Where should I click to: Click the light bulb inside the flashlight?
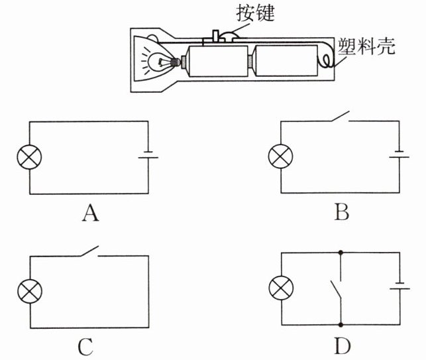pyautogui.click(x=160, y=62)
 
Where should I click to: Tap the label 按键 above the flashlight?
pyautogui.click(x=255, y=13)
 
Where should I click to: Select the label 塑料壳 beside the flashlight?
pyautogui.click(x=366, y=46)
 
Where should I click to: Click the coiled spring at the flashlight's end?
pyautogui.click(x=325, y=60)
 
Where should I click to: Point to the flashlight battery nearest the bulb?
pyautogui.click(x=218, y=61)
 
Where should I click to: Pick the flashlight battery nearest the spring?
pyautogui.click(x=286, y=60)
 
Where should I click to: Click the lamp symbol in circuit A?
pyautogui.click(x=29, y=157)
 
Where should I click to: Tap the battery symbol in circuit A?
pyautogui.click(x=148, y=154)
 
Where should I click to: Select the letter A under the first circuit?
pyautogui.click(x=91, y=213)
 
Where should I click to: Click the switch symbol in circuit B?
pyautogui.click(x=340, y=117)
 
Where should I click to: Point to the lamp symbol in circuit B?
pyautogui.click(x=281, y=156)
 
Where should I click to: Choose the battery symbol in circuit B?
pyautogui.click(x=399, y=154)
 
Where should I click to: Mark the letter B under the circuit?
pyautogui.click(x=341, y=212)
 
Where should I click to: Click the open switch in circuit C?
pyautogui.click(x=89, y=251)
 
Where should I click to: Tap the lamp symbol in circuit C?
pyautogui.click(x=30, y=291)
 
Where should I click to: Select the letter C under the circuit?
pyautogui.click(x=85, y=347)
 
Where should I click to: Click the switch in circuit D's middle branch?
pyautogui.click(x=337, y=289)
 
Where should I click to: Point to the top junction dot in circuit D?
pyautogui.click(x=341, y=253)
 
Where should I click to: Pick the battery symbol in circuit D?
pyautogui.click(x=399, y=286)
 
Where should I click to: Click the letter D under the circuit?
pyautogui.click(x=343, y=346)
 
